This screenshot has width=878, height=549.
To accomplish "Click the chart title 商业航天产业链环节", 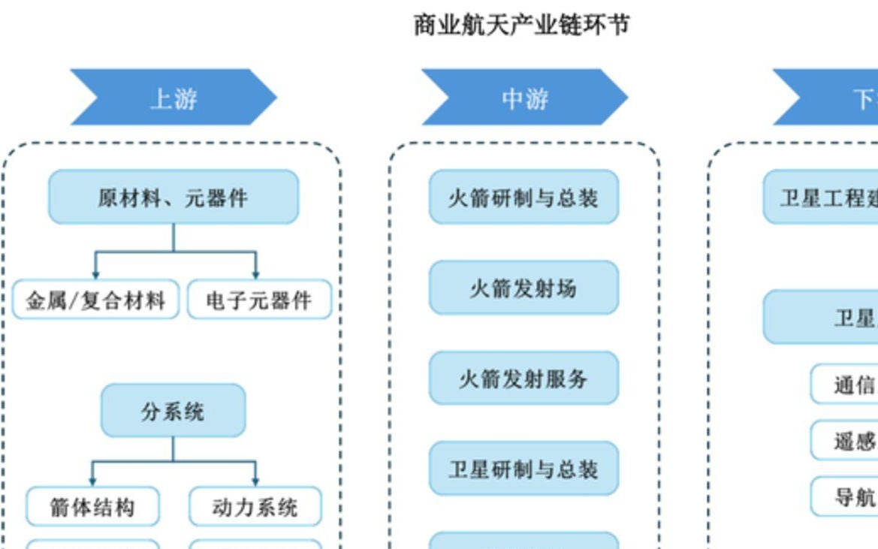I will (521, 25).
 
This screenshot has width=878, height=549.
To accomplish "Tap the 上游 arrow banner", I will (173, 98).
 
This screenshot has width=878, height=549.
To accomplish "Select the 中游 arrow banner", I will (524, 98).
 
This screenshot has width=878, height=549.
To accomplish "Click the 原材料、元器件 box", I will (173, 198).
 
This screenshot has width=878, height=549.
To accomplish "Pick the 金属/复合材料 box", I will (96, 300).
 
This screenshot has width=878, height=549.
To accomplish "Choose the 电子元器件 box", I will (259, 300).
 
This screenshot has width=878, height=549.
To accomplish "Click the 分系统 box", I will (173, 411).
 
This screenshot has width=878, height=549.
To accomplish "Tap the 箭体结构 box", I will (93, 507).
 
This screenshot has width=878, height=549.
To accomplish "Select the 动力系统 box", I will (255, 507).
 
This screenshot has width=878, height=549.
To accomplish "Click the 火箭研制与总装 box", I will (523, 198).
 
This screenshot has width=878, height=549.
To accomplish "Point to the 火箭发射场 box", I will (523, 288).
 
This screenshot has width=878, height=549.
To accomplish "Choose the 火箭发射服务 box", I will (523, 379).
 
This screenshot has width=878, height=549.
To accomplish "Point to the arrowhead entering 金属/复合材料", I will (95, 275).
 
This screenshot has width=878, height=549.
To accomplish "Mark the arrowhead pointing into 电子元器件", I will (256, 275).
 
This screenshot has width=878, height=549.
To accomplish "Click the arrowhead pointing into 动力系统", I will (255, 481).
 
